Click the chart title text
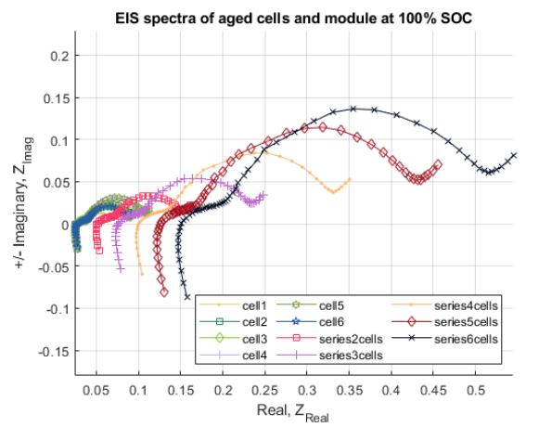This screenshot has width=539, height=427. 293,19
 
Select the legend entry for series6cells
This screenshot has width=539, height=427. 444,339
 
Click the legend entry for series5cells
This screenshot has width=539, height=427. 444,322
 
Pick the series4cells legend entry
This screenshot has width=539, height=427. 444,305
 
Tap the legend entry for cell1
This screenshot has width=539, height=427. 233,305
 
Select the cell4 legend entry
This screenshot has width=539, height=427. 233,356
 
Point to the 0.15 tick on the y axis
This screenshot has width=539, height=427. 56,98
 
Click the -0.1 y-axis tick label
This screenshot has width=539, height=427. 56,309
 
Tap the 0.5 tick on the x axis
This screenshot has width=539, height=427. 476,391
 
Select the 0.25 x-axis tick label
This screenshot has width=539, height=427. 265,391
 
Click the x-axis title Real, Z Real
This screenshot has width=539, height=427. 293,413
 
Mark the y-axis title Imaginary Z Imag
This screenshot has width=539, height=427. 25,203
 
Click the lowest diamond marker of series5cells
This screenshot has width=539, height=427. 164,292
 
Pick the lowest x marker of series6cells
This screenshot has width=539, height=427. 187,297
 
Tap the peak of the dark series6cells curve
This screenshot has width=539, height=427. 353,109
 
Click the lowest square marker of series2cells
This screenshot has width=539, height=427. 99,251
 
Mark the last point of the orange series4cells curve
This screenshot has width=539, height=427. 350,179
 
